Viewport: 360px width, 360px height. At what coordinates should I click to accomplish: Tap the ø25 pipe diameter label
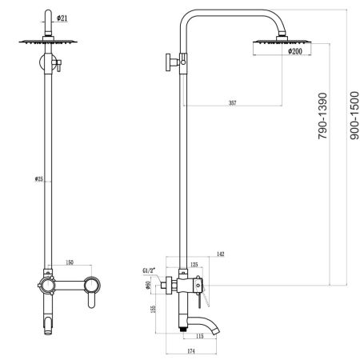coord(40,179)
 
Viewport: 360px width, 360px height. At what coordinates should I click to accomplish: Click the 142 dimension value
coord(219,254)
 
